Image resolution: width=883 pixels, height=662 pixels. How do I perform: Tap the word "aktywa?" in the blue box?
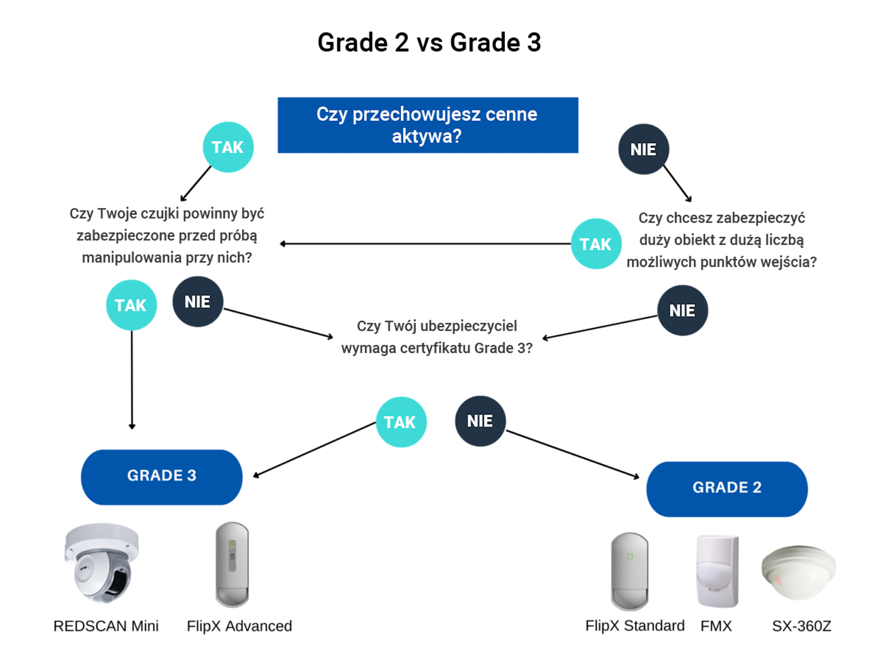pyautogui.click(x=427, y=136)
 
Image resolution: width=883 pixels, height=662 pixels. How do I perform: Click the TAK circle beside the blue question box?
pyautogui.click(x=228, y=147)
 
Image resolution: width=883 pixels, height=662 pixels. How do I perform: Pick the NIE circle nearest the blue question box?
pyautogui.click(x=643, y=149)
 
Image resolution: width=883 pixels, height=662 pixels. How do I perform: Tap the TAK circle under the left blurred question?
pyautogui.click(x=131, y=305)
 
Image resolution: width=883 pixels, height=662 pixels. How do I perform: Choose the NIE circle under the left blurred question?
pyautogui.click(x=198, y=302)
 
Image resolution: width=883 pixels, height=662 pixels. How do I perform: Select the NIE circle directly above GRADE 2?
pyautogui.click(x=682, y=311)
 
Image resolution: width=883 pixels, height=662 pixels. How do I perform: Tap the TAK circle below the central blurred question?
pyautogui.click(x=401, y=422)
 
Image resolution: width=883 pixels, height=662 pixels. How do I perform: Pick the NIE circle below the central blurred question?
pyautogui.click(x=480, y=421)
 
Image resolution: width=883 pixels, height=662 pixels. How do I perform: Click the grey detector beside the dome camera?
pyautogui.click(x=232, y=564)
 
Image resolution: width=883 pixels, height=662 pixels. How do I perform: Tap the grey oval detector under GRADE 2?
pyautogui.click(x=630, y=571)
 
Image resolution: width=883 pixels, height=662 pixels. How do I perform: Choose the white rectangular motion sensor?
pyautogui.click(x=716, y=571)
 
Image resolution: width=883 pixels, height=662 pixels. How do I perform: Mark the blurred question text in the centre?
pyautogui.click(x=437, y=337)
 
